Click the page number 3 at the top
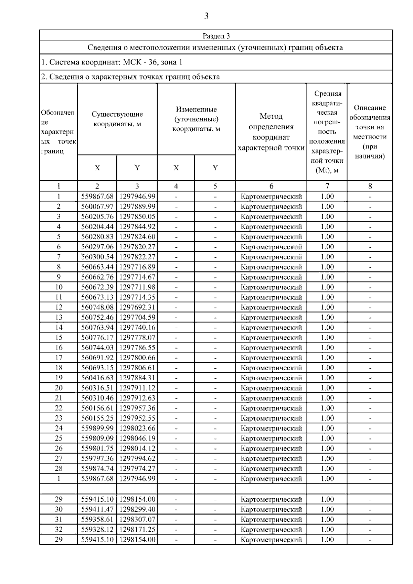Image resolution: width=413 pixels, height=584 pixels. click(x=206, y=16)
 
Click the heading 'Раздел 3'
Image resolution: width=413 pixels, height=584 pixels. click(x=216, y=36)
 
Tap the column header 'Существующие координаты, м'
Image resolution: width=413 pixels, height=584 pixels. click(x=117, y=119)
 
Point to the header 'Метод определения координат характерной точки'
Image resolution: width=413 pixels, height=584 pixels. click(x=271, y=132)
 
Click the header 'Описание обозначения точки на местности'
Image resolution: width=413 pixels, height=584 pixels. click(x=370, y=132)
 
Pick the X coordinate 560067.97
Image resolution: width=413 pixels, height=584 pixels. click(x=97, y=206)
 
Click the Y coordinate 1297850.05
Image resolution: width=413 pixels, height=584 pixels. click(x=137, y=216)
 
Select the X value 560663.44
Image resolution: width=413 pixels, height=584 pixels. click(x=97, y=267)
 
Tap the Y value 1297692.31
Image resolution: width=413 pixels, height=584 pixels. click(x=137, y=307)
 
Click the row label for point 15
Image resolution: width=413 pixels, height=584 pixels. click(x=59, y=338)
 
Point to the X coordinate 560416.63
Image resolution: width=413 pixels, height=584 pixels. click(x=97, y=378)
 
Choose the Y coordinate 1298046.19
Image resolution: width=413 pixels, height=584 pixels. click(x=137, y=438)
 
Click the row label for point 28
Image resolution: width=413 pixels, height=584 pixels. click(x=59, y=469)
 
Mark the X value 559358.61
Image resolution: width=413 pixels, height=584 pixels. click(x=97, y=520)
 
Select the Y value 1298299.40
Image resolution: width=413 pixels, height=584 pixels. click(x=137, y=509)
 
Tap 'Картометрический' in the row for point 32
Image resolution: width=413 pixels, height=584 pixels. click(x=271, y=530)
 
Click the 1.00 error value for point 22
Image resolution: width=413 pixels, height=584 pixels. click(x=327, y=408)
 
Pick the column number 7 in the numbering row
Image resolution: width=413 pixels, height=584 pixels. click(x=327, y=186)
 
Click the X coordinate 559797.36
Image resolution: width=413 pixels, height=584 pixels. click(x=97, y=458)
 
